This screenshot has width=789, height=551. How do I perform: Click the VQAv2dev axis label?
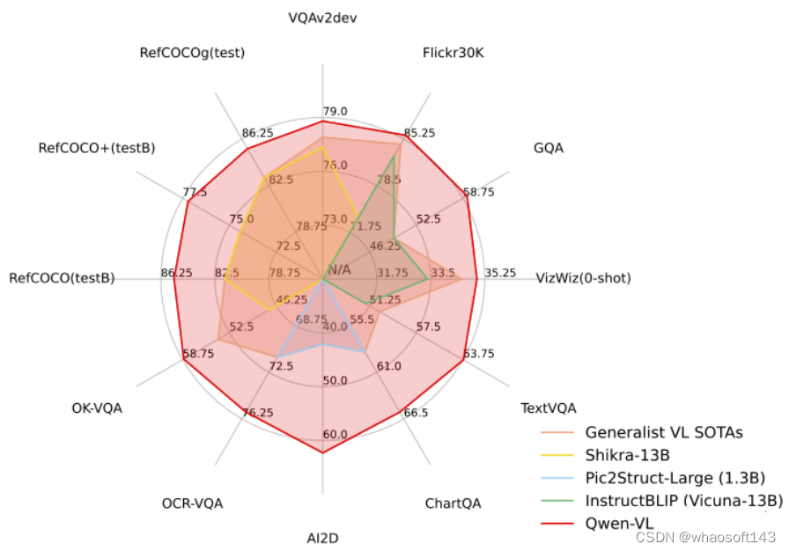tap(323, 17)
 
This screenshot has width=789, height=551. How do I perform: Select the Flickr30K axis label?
tap(453, 54)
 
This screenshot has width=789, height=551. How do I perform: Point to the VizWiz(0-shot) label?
tap(583, 278)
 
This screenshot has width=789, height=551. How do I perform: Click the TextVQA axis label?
tap(548, 408)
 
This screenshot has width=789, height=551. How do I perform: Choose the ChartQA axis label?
tap(453, 503)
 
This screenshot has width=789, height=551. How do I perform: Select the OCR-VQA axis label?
tap(192, 503)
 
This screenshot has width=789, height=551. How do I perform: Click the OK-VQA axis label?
tap(97, 408)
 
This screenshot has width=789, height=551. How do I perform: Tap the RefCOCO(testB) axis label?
tap(62, 278)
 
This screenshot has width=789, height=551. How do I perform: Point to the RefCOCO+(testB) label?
tap(97, 148)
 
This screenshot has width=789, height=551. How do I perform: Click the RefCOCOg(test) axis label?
tap(192, 53)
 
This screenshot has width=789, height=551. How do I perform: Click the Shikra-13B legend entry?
tap(627, 455)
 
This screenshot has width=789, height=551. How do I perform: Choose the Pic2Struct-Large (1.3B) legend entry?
tap(675, 478)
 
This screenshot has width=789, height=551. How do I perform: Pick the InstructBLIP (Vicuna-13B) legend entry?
tap(683, 501)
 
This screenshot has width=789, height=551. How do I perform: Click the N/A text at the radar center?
tap(339, 269)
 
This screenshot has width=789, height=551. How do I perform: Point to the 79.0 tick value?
tap(335, 112)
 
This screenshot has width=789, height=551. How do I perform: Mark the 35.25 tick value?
tap(500, 273)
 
